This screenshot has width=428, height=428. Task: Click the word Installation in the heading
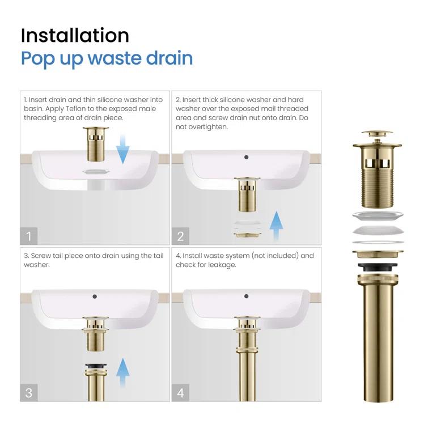click(75, 35)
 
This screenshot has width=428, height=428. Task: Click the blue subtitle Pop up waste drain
click(107, 58)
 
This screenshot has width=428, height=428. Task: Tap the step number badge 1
click(29, 235)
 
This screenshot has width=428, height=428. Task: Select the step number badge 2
click(180, 235)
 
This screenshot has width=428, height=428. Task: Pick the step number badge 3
click(29, 391)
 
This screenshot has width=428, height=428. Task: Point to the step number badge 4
click(180, 391)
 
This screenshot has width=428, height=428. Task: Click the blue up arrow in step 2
click(276, 226)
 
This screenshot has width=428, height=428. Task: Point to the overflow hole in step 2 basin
click(246, 156)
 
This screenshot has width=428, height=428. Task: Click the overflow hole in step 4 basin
click(246, 295)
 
